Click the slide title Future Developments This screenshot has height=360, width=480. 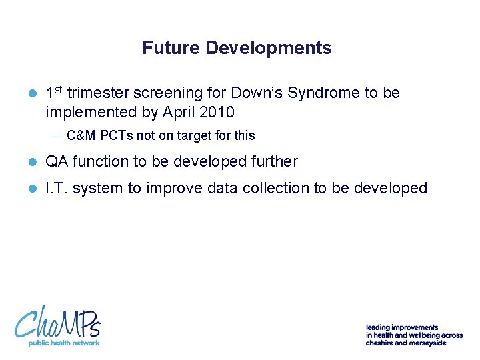(x=237, y=48)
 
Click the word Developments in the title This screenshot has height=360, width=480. (x=269, y=48)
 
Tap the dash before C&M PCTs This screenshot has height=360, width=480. (x=56, y=136)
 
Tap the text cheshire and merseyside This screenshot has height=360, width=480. (x=405, y=343)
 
